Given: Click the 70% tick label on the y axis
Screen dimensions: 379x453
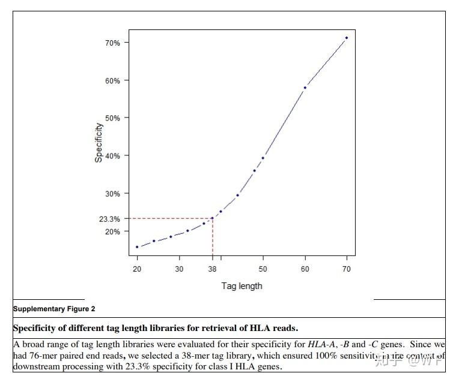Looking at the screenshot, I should (113, 43).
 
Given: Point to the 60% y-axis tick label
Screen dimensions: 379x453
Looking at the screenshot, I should (113, 81).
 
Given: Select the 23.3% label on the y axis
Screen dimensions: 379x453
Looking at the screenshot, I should (109, 219).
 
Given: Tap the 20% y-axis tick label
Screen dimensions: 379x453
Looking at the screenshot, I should (113, 231).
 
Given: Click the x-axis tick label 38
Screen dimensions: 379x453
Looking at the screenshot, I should (213, 269).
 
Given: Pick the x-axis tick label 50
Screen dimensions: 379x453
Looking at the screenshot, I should (263, 269).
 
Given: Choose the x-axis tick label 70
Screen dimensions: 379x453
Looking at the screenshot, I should (347, 269).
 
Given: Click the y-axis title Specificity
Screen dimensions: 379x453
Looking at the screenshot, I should (99, 143).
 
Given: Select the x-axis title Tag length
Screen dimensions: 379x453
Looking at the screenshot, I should (242, 286).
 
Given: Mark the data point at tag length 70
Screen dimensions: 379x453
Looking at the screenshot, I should (347, 38).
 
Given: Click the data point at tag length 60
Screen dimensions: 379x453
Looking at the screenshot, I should (305, 88).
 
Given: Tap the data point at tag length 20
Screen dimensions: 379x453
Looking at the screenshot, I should (137, 247).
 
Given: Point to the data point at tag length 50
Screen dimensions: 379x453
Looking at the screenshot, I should (263, 158).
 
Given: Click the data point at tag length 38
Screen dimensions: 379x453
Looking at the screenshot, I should (212, 218).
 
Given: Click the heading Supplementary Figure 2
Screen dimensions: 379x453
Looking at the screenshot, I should (54, 309).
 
